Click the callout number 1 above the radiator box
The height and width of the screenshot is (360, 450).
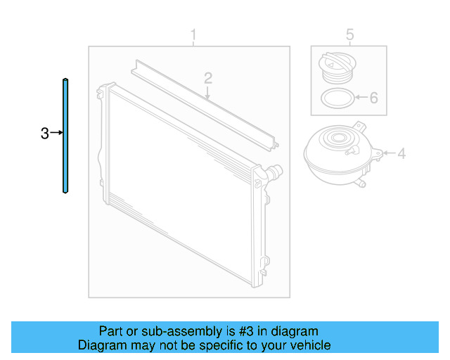click(194, 34)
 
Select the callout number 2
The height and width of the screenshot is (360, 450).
click(208, 77)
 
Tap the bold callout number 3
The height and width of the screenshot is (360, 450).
click(45, 132)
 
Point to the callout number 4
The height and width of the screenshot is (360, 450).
click(401, 153)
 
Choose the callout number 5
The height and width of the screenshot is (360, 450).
click(350, 34)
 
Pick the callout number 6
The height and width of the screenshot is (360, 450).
click(373, 98)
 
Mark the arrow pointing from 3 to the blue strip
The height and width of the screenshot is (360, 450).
click(57, 132)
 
